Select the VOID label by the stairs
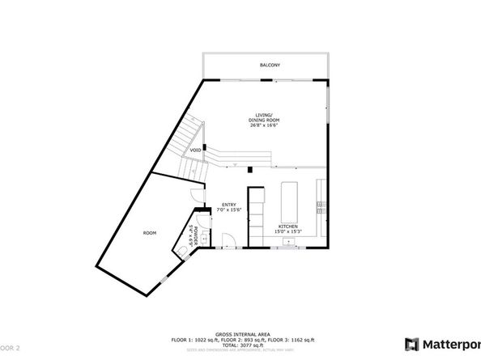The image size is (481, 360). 196,150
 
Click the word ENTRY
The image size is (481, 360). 228,205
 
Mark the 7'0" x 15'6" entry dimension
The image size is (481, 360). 228,210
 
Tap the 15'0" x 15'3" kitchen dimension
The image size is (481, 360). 289,233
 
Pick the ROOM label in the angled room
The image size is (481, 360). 149,232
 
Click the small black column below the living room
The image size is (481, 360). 251,170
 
